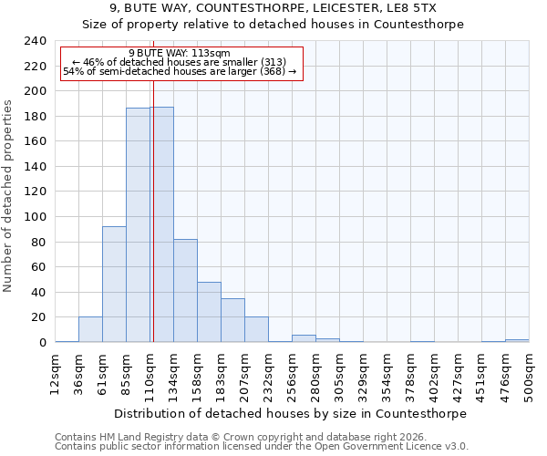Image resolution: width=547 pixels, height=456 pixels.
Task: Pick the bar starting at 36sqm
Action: tap(90, 329)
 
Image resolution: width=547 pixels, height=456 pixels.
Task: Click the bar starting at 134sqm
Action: tap(185, 291)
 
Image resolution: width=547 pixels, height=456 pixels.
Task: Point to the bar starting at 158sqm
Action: tap(209, 312)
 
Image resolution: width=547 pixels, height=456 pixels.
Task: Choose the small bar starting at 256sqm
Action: tap(304, 338)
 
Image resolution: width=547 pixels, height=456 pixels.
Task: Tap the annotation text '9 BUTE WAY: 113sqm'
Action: tap(180, 53)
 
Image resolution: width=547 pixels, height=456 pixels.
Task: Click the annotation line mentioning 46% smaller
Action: tap(180, 62)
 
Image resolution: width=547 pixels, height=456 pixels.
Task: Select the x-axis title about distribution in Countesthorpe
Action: tap(292, 413)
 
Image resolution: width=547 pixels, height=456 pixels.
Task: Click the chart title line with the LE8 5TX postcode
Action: tap(273, 8)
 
